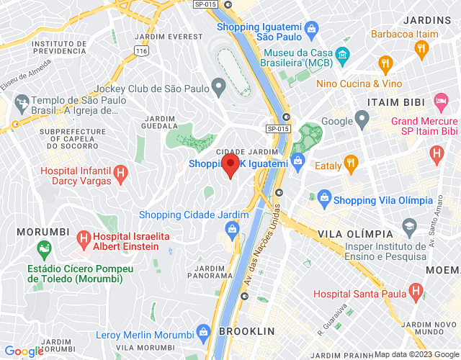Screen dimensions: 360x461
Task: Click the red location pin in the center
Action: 230,165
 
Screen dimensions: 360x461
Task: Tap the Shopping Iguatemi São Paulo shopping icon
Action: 311,30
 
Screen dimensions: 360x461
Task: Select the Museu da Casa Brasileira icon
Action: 342,54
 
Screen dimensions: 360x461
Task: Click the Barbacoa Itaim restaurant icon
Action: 421,48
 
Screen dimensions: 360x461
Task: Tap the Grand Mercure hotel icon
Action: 440,99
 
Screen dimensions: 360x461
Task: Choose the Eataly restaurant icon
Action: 351,162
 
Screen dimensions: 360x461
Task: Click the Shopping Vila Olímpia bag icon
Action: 323,199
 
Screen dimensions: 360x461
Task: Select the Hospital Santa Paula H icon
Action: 415,291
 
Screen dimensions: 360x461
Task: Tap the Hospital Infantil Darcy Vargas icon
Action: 121,174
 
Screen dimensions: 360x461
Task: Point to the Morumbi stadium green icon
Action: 45,249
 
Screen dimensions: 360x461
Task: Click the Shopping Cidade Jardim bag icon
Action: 232,230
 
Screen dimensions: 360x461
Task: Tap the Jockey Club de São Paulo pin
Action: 219,89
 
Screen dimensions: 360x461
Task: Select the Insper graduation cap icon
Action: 409,227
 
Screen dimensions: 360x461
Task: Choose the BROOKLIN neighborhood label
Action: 247,331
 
